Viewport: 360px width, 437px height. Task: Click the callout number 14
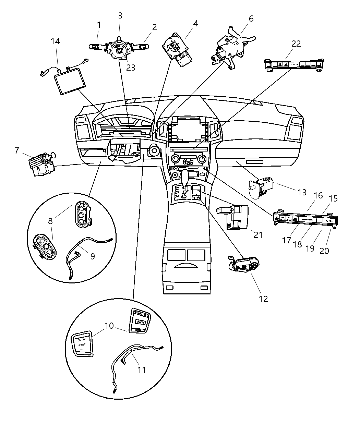(55, 41)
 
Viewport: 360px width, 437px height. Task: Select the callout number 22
(296, 44)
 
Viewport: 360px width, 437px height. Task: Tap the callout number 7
(16, 150)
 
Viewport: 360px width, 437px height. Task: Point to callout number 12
(263, 299)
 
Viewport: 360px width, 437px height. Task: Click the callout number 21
(258, 235)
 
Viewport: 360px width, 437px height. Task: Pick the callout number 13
(302, 192)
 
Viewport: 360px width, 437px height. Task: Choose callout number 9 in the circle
(93, 256)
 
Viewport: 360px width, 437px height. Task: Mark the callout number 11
(142, 370)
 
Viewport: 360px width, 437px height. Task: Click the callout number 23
(131, 68)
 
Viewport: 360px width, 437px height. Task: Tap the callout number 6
(251, 19)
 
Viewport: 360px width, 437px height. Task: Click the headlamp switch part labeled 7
(42, 164)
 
